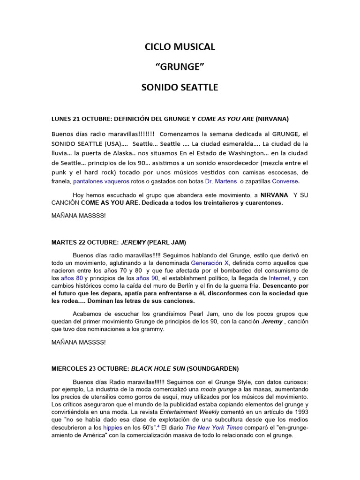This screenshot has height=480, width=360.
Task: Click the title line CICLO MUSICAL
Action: coord(180,47)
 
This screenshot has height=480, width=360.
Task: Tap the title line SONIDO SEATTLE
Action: coord(180,88)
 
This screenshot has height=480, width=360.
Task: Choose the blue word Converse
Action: coord(285,181)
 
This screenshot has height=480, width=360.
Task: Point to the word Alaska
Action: coord(108,153)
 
